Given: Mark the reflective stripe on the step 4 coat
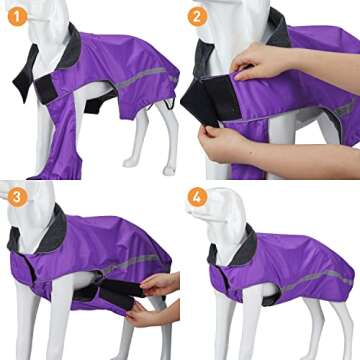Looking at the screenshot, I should (x=310, y=281).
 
